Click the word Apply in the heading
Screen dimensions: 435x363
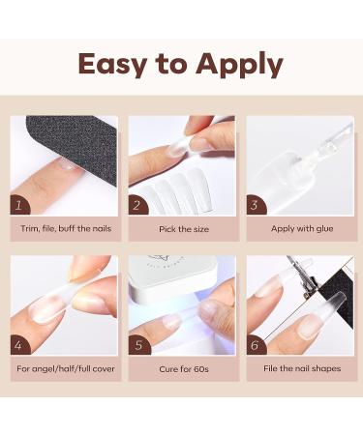point(240,65)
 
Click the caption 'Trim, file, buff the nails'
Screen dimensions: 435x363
point(65,230)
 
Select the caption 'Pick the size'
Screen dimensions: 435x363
point(182,230)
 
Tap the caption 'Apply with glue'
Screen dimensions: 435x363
point(299,230)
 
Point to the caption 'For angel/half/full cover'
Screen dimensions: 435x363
point(65,368)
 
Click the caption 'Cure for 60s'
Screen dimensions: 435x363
point(182,368)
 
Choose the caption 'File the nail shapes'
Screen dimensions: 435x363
point(299,368)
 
